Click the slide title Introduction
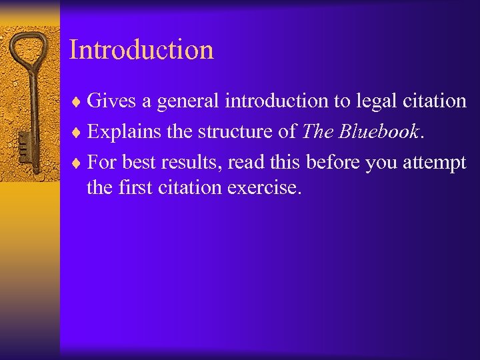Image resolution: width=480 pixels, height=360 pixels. tap(141, 50)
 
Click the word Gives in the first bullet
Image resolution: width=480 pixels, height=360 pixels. tap(111, 101)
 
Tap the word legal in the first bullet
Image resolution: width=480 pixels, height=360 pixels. tap(360, 101)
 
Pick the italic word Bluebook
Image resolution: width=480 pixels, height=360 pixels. tap(379, 131)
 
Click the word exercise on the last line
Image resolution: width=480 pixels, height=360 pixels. tap(265, 187)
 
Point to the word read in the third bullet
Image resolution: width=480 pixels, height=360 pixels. tap(247, 162)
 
